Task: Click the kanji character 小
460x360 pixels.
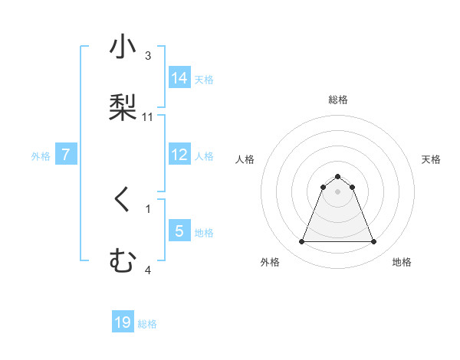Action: coord(123,47)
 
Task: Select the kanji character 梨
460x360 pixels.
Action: coord(123,106)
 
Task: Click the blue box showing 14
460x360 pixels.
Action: coord(179,78)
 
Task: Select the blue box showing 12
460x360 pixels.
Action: coord(179,155)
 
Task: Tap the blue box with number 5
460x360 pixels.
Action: coord(179,231)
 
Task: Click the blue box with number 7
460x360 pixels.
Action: coord(66,155)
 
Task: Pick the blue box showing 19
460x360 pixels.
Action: coord(123,322)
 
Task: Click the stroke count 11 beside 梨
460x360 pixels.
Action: coord(148,117)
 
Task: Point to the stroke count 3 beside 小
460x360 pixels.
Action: coord(148,56)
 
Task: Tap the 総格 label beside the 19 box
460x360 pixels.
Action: coord(147,324)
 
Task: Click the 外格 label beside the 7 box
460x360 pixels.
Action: coord(41,156)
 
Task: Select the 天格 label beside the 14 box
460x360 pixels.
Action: coord(204,80)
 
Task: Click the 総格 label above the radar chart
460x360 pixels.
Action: coord(337,100)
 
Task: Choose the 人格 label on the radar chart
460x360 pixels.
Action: coord(245,159)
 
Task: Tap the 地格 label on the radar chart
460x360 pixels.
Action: coord(402,262)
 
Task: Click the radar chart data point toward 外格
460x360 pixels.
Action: coord(301,242)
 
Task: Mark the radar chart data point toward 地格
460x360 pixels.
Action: coord(373,242)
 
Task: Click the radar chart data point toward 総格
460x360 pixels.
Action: coord(337,176)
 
